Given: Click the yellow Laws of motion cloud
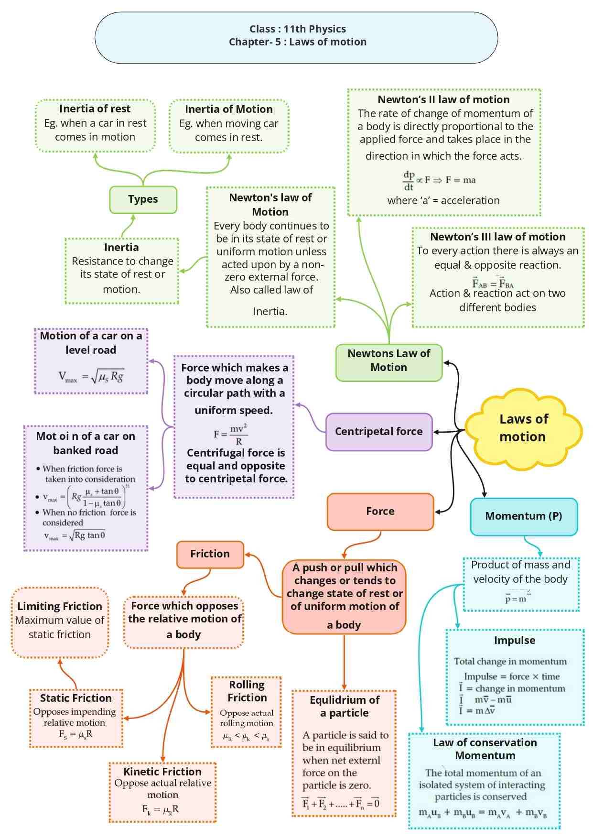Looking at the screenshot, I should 523,428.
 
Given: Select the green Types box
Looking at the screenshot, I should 143,199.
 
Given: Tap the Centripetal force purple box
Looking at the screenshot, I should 379,432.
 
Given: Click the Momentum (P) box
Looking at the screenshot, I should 524,516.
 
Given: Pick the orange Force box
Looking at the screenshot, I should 380,512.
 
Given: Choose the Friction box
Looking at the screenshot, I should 210,554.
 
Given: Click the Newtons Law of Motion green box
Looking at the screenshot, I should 389,361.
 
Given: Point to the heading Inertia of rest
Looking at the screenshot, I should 95,109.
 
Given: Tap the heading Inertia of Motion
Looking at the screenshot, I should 229,109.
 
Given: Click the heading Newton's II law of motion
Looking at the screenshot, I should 443,100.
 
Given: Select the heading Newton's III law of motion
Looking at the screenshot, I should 498,237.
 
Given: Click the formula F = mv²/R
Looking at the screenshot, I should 231,434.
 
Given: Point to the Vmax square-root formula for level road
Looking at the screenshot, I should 91,377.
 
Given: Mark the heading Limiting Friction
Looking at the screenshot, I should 60,607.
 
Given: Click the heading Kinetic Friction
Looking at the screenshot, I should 162,772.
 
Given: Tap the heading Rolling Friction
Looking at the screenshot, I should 247,691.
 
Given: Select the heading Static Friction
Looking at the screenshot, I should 76,698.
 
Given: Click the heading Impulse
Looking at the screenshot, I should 515,641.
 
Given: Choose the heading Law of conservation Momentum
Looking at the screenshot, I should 485,749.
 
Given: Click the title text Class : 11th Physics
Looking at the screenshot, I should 298,29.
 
